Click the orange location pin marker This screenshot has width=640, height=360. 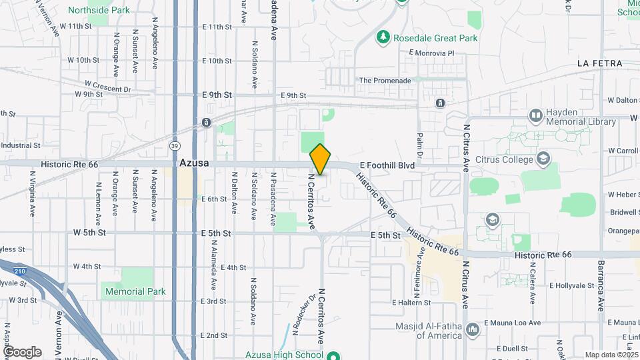point(320,159)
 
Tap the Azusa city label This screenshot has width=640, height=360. point(194,163)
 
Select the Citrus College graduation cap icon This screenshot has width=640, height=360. point(543,159)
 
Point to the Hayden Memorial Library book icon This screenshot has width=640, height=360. point(535,116)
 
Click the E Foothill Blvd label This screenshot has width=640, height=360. point(387,165)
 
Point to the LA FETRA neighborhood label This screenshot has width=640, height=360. point(600,63)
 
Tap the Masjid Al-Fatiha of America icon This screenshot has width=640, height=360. point(473,329)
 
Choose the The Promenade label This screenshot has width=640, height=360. point(385,81)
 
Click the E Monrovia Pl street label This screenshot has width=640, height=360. point(431,53)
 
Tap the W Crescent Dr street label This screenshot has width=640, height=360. point(108,87)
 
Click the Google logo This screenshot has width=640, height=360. point(22,351)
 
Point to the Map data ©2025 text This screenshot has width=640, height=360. point(610,355)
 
